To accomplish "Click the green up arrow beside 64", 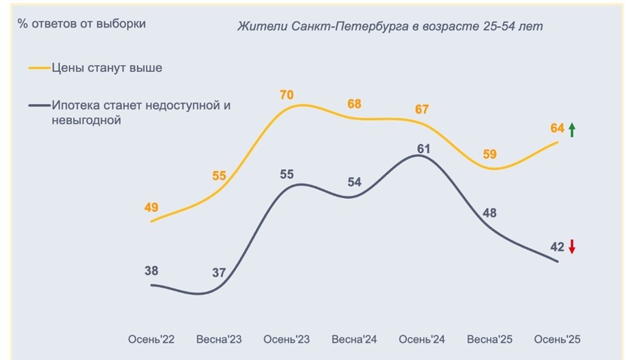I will [572, 129].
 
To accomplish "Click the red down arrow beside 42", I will [571, 247].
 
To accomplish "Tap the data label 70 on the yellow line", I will [286, 95].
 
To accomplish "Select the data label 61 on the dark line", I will [423, 148].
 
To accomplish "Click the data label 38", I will [151, 271].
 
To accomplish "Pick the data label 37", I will [219, 272].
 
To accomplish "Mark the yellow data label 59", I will [490, 154].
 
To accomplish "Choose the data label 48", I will [490, 213].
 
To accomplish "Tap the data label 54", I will [354, 182].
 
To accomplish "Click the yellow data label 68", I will [354, 104].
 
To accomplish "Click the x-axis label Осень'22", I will [152, 339].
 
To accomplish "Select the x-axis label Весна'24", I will [355, 339].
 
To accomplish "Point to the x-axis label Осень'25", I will [557, 339].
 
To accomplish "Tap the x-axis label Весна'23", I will [219, 339].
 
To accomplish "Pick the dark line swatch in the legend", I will [39, 106].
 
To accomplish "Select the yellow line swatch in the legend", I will [39, 68].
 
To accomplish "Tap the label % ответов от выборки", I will [82, 24].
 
